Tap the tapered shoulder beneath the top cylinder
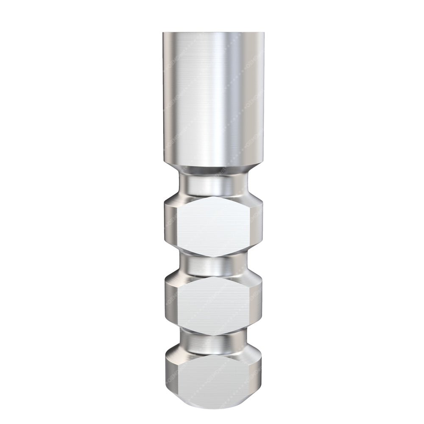pyautogui.click(x=213, y=169)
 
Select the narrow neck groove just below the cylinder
pyautogui.click(x=213, y=183)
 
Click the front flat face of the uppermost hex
pyautogui.click(x=213, y=226)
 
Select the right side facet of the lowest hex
pyautogui.click(x=255, y=375)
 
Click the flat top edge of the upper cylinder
pyautogui.click(x=213, y=33)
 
